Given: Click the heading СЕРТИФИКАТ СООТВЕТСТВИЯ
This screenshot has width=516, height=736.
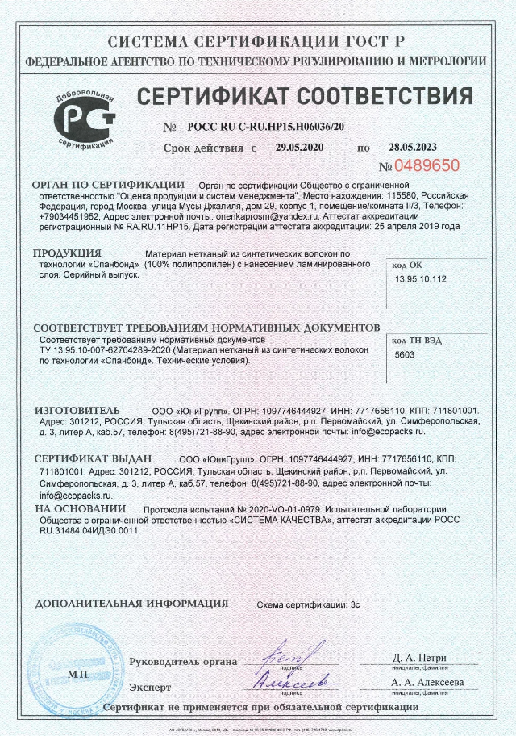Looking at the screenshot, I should click(x=304, y=97).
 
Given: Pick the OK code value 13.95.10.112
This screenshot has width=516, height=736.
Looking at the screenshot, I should click(x=422, y=279).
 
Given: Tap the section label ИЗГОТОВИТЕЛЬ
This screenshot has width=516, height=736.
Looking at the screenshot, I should click(x=77, y=410).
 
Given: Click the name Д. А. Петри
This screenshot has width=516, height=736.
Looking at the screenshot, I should click(x=419, y=658).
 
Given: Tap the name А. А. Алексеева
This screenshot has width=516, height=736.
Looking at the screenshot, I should click(x=427, y=682).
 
